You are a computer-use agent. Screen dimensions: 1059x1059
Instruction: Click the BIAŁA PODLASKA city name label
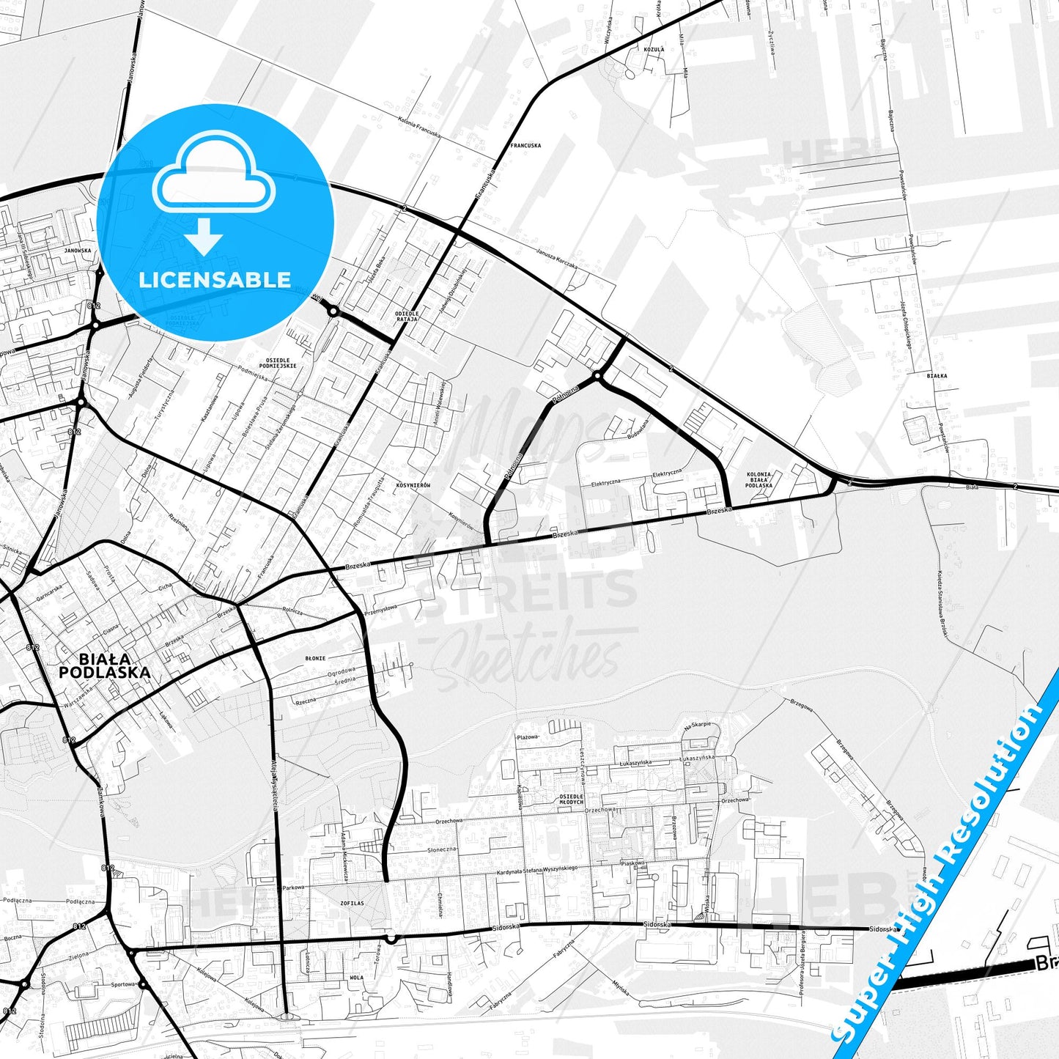coord(105,665)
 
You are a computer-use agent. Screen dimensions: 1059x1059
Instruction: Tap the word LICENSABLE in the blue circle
coord(215,279)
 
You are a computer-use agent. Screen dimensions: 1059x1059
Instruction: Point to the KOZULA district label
coord(653,49)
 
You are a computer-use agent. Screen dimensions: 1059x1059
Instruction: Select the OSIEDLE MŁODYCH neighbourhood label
coord(571,798)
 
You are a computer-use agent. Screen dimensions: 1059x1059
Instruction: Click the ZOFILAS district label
coord(352,903)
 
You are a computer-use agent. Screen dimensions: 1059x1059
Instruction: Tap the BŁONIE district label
coord(315,658)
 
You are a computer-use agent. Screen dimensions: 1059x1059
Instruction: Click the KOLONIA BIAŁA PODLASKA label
coord(759,479)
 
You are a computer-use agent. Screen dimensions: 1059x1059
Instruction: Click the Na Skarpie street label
coord(697,726)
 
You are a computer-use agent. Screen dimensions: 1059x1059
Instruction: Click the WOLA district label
coord(356,978)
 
